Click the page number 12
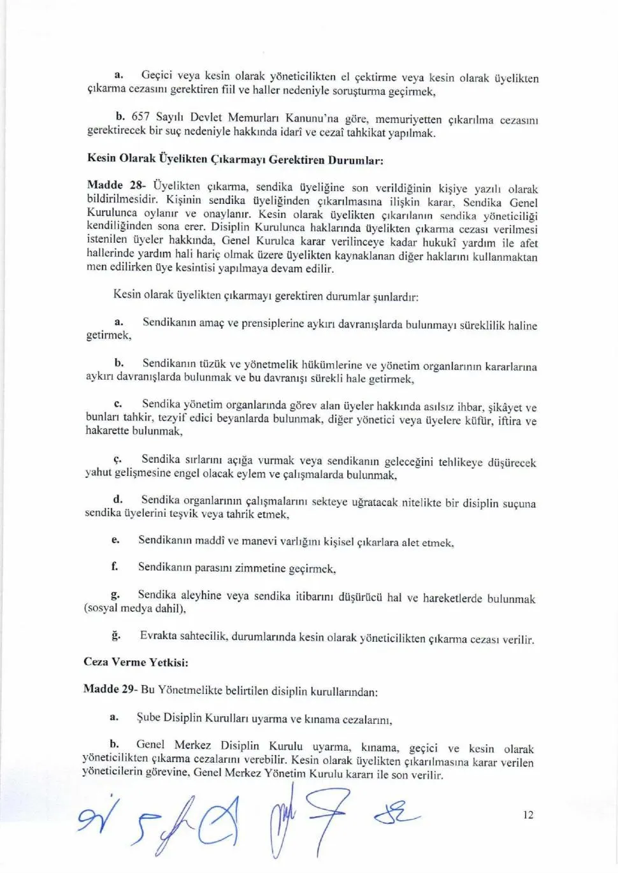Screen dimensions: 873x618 click(528, 815)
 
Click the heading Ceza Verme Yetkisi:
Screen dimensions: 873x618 click(136, 662)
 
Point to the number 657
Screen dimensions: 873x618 click(140, 117)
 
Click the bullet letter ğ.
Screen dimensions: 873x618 click(115, 635)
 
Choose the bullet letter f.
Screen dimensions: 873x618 click(115, 566)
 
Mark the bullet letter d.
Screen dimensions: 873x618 click(117, 500)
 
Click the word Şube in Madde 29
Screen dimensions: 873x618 click(148, 718)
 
